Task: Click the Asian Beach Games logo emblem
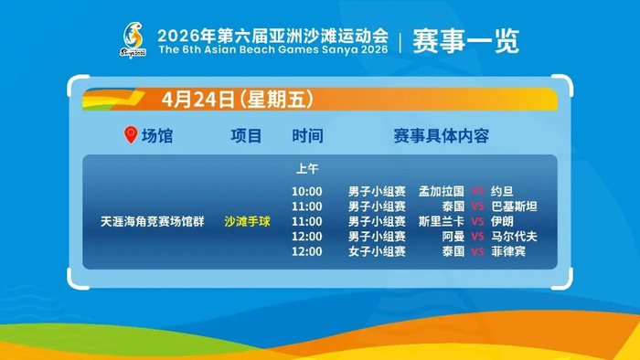(133, 40)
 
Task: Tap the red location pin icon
(131, 134)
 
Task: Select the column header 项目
(246, 136)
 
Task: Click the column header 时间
(307, 136)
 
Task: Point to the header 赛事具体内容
(442, 136)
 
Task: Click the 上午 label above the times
(307, 168)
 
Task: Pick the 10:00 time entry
(307, 191)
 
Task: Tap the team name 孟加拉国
(442, 191)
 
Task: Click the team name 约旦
(502, 191)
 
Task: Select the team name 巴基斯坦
(514, 206)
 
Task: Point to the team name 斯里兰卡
(442, 221)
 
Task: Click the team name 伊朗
(502, 221)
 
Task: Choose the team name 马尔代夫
(514, 237)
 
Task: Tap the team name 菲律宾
(508, 251)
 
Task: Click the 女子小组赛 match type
(377, 251)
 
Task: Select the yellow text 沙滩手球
(247, 221)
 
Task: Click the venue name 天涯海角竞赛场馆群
(153, 221)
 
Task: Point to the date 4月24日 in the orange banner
(198, 99)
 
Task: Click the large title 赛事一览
(465, 41)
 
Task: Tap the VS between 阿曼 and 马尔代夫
(477, 237)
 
